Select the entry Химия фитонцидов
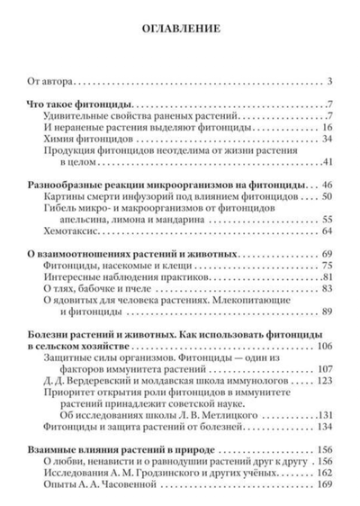pyautogui.click(x=87, y=139)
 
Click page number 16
pyautogui.click(x=327, y=127)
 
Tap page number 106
pyautogui.click(x=324, y=346)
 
